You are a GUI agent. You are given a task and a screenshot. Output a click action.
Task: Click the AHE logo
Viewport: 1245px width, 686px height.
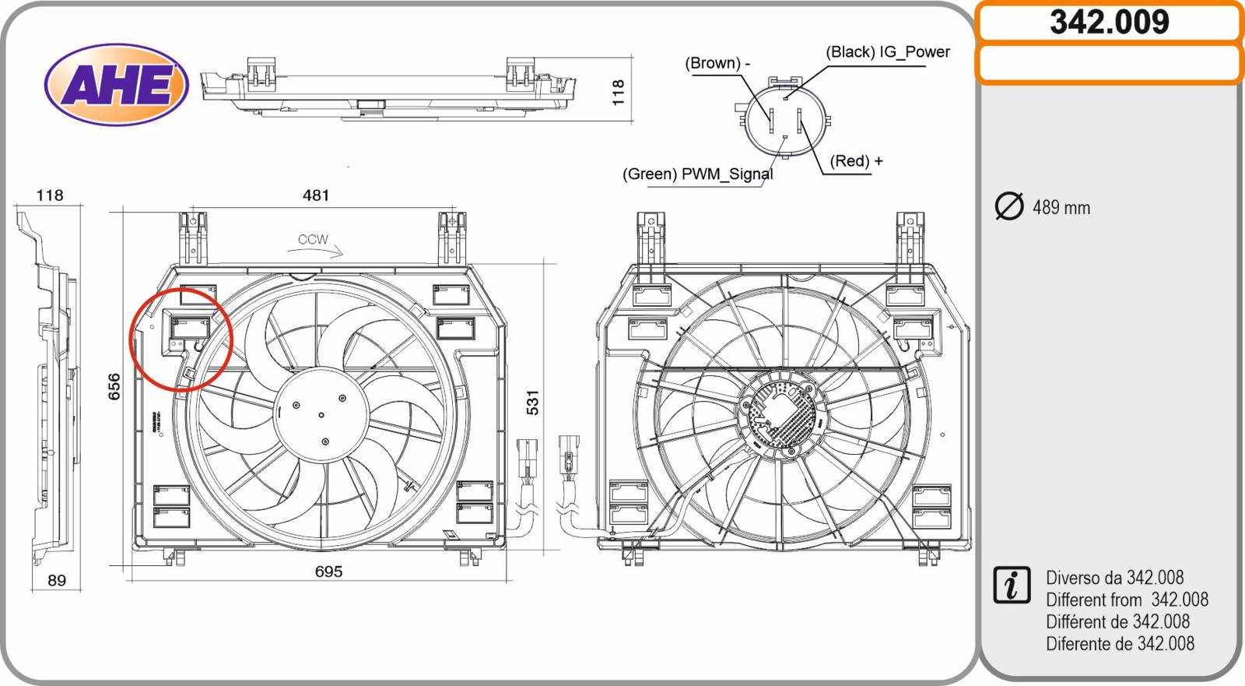tap(117, 84)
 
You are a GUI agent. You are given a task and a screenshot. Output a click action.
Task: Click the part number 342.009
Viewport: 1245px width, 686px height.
tap(1109, 22)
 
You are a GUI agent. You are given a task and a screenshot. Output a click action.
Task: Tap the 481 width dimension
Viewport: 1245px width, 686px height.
tap(316, 195)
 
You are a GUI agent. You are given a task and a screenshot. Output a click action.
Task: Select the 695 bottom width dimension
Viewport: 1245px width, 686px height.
tap(328, 572)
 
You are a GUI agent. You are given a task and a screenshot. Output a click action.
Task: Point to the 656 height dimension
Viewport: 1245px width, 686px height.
tap(114, 387)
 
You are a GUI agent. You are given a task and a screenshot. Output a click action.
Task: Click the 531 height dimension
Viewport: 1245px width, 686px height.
tap(532, 403)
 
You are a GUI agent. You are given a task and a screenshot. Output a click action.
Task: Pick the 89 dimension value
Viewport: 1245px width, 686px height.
tap(57, 580)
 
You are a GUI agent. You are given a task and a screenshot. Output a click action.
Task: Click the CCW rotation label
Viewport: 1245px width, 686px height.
tap(313, 240)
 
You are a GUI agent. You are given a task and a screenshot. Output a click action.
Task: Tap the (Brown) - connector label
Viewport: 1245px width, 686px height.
tap(717, 63)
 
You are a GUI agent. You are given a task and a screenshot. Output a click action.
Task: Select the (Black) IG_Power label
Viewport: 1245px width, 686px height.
tap(888, 52)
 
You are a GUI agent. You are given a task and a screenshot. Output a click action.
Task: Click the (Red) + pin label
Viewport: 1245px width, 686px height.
tap(857, 161)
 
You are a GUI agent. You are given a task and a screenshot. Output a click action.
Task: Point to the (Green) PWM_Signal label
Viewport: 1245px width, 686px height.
tap(698, 174)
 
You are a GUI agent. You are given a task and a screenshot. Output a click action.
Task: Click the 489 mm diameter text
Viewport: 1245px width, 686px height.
tap(1061, 208)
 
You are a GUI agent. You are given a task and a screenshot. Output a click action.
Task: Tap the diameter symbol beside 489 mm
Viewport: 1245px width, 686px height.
tap(1009, 206)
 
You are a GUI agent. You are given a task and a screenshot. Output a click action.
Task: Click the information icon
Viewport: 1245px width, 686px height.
tap(1012, 586)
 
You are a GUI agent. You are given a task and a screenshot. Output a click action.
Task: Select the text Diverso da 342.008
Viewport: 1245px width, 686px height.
tap(1114, 578)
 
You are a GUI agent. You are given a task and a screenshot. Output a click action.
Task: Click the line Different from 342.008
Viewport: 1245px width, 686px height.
tap(1127, 600)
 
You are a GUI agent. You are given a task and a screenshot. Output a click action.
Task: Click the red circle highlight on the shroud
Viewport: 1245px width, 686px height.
tap(181, 338)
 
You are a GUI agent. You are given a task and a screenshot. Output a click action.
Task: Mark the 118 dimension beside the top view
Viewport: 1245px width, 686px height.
tap(618, 92)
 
